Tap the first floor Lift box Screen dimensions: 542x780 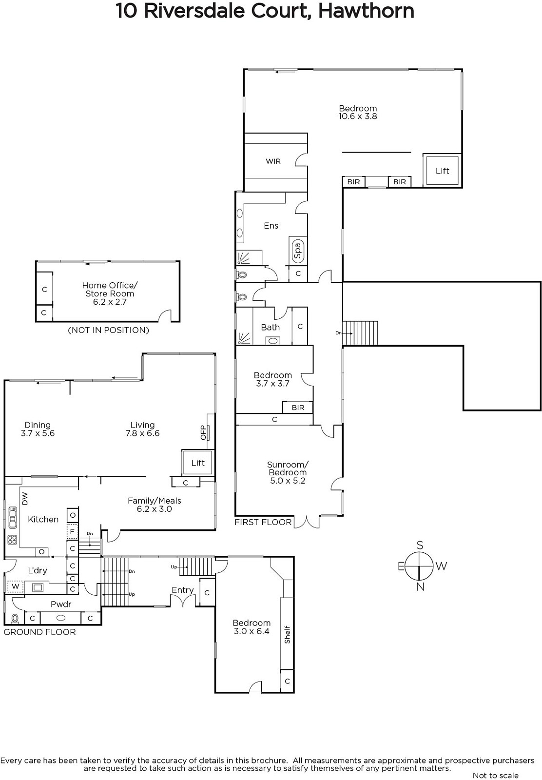[442, 171]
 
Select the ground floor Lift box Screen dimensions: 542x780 [197, 463]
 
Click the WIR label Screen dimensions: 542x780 [273, 161]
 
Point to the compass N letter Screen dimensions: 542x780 [420, 587]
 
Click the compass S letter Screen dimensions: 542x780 [420, 546]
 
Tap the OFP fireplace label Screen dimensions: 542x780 [204, 432]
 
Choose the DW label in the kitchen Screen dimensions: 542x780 [25, 498]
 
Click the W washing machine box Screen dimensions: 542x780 [15, 586]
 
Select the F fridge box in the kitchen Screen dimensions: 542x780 [72, 532]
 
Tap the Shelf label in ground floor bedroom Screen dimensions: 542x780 [287, 634]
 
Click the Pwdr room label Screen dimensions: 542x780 [61, 604]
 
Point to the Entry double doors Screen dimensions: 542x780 [183, 601]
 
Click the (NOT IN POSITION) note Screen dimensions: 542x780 [109, 330]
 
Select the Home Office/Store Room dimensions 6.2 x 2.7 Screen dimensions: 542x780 [110, 302]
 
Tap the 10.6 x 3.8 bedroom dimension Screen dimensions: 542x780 [358, 117]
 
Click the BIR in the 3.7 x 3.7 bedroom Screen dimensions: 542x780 [298, 408]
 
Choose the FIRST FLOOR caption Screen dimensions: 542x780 [263, 522]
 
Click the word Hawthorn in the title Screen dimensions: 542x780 [366, 11]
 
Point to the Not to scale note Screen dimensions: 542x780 [496, 776]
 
